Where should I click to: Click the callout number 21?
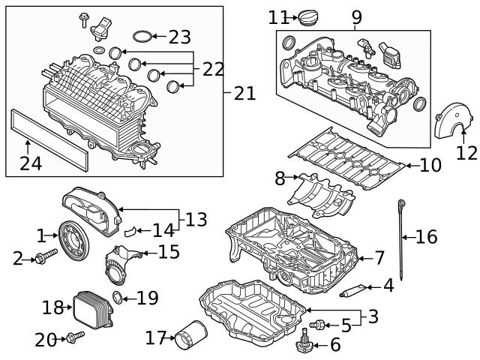[x=244, y=93]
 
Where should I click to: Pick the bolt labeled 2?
[x=44, y=259]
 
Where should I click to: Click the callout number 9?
[x=356, y=16]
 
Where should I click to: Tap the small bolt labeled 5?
[x=319, y=325]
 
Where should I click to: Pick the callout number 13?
[x=197, y=220]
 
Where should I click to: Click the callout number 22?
[x=213, y=70]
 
